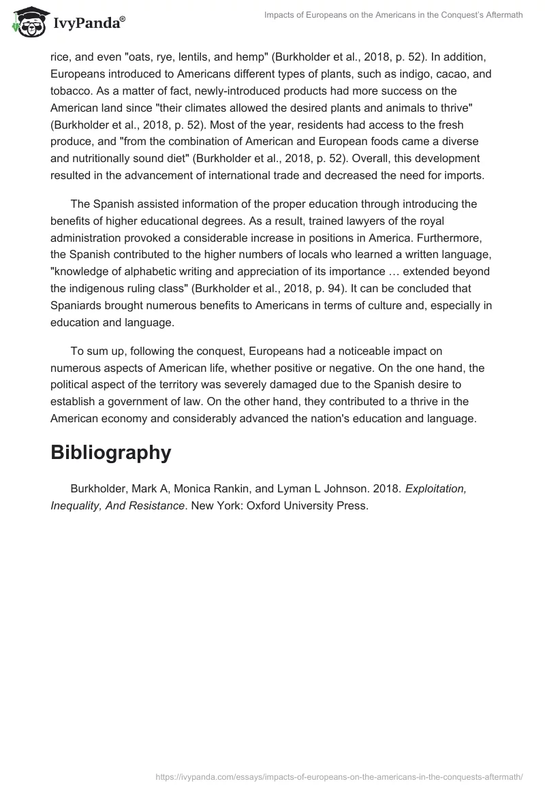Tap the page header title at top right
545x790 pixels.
[393, 15]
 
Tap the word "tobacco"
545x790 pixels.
[70, 91]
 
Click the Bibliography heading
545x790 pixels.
[110, 453]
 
